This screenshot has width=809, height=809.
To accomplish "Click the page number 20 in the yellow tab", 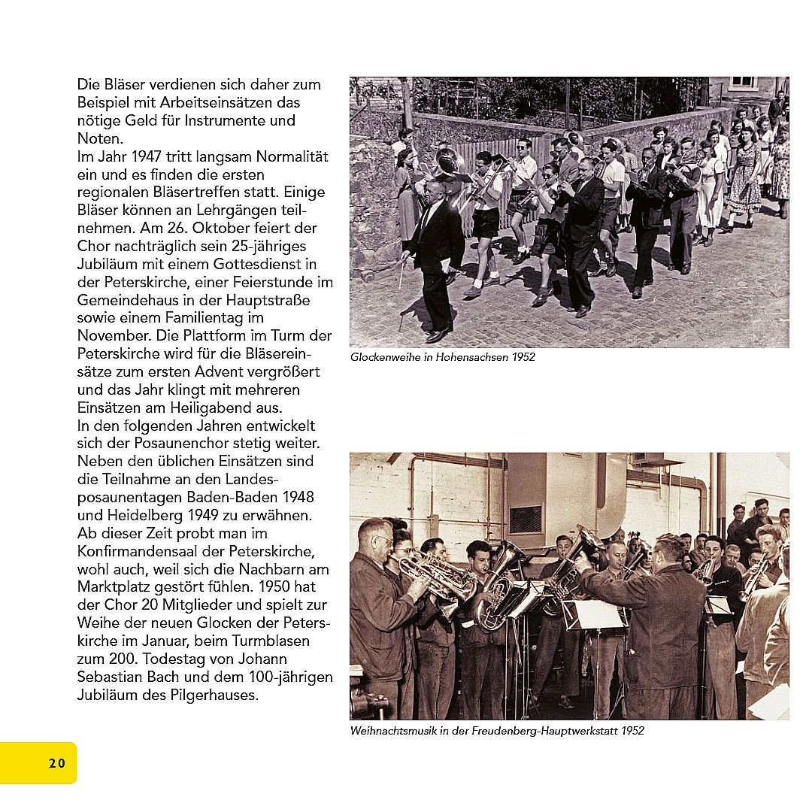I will coord(57,763).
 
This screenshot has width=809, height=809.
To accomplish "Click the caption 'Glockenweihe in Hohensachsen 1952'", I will coord(442,357).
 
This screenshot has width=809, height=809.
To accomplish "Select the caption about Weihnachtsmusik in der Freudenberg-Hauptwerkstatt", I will coord(497,731).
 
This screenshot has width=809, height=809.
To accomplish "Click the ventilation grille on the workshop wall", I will coord(525,518).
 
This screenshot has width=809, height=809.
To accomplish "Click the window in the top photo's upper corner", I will coord(743,83).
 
